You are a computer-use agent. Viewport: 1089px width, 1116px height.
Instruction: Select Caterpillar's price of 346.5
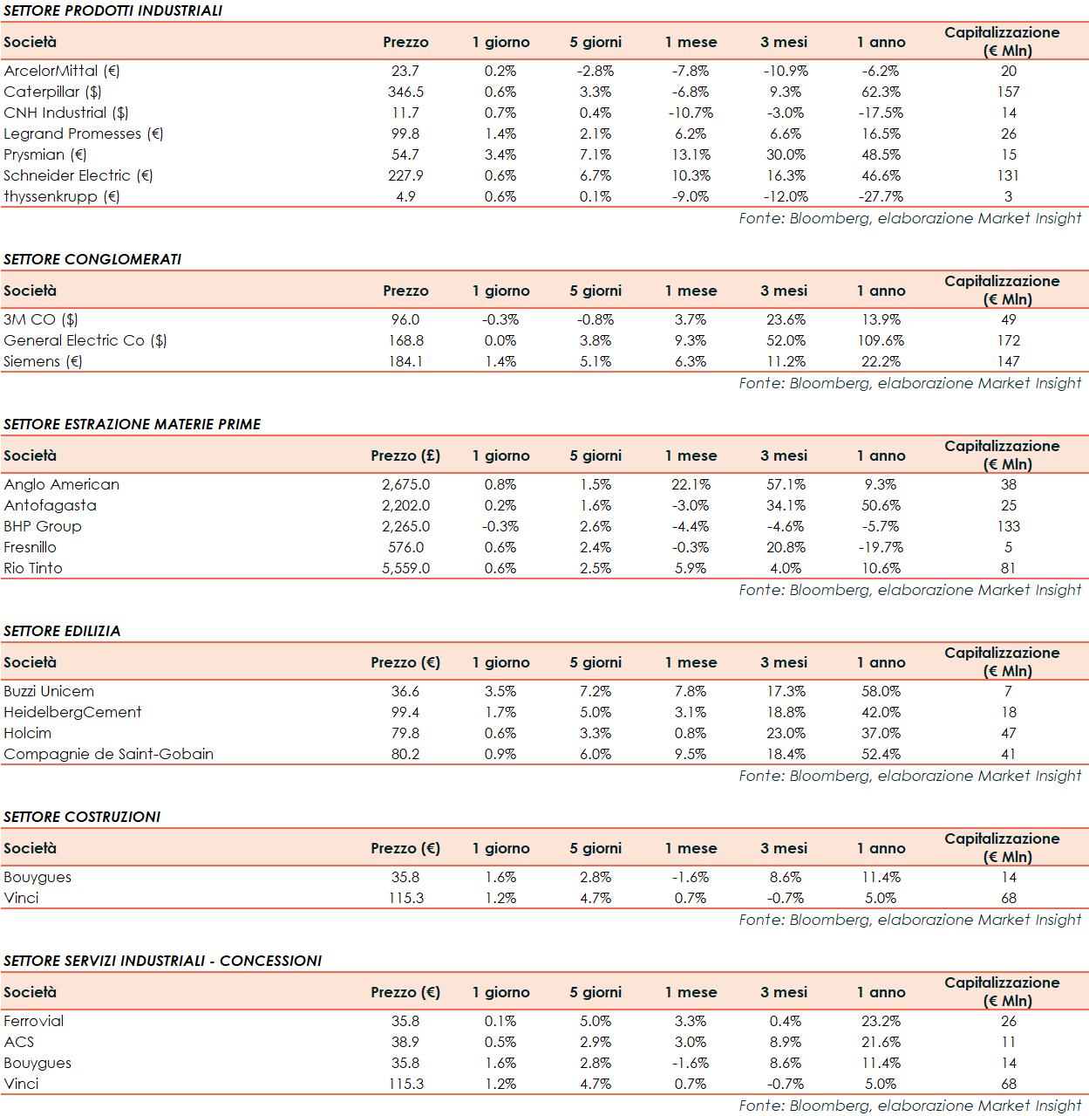pos(405,92)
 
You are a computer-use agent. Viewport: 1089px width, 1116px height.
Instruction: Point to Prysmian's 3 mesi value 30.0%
pos(785,154)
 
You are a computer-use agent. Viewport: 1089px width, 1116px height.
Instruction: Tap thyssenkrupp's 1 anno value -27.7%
pos(880,196)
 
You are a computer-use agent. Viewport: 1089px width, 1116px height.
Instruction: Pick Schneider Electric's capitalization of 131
pos(1008,175)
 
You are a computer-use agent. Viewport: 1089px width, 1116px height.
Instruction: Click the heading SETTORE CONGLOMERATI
pos(92,259)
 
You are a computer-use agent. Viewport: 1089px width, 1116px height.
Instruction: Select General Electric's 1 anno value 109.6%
pos(881,340)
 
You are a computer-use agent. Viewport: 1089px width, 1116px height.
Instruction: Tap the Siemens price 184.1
pos(405,361)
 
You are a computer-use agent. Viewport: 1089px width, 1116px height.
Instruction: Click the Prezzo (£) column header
pos(405,455)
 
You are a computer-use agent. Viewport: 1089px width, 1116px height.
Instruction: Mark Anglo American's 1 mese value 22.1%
pos(691,484)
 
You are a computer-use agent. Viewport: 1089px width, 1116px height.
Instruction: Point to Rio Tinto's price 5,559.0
pos(405,568)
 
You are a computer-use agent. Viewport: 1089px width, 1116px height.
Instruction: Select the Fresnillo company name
pos(30,547)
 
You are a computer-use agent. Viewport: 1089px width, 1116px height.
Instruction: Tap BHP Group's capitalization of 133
pos(1008,526)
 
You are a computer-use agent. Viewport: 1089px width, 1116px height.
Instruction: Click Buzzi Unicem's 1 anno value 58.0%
pos(881,691)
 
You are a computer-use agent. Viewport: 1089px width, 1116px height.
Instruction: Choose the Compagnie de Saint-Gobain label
pos(108,754)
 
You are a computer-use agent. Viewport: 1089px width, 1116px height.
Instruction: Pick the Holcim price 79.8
pos(405,733)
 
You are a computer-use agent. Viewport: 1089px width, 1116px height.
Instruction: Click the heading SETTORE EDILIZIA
pos(62,631)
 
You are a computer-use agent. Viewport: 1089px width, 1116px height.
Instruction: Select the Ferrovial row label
pos(34,1021)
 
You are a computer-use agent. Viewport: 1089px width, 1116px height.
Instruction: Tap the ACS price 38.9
pos(405,1042)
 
